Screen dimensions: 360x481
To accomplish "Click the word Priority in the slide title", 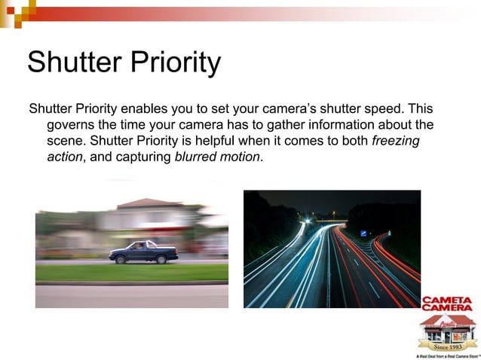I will point(173,63).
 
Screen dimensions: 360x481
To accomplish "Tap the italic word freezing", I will point(396,141).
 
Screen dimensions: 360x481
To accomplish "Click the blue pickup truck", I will point(142,251).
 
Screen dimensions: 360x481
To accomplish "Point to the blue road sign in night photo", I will point(364,233).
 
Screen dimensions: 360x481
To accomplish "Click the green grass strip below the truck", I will point(131,273).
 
